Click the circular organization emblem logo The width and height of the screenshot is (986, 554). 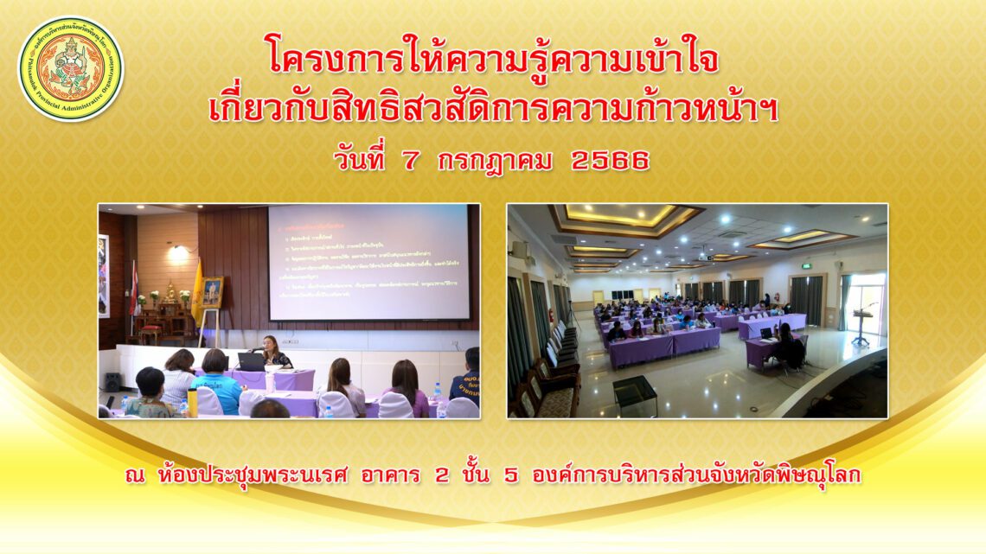pyautogui.click(x=71, y=68)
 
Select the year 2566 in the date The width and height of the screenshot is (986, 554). pyautogui.click(x=610, y=161)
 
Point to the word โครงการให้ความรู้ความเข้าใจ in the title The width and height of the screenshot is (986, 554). pyautogui.click(x=492, y=60)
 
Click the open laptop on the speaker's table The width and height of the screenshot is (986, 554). pyautogui.click(x=252, y=362)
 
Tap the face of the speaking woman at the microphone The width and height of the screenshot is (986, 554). pyautogui.click(x=271, y=344)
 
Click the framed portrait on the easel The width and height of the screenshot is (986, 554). pyautogui.click(x=212, y=292)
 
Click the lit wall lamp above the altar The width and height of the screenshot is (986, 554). pyautogui.click(x=177, y=251)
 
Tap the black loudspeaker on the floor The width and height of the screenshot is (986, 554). pyautogui.click(x=113, y=381)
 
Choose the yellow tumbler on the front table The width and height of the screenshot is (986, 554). pyautogui.click(x=192, y=402)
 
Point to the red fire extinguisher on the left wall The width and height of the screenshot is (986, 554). pyautogui.click(x=550, y=317)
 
